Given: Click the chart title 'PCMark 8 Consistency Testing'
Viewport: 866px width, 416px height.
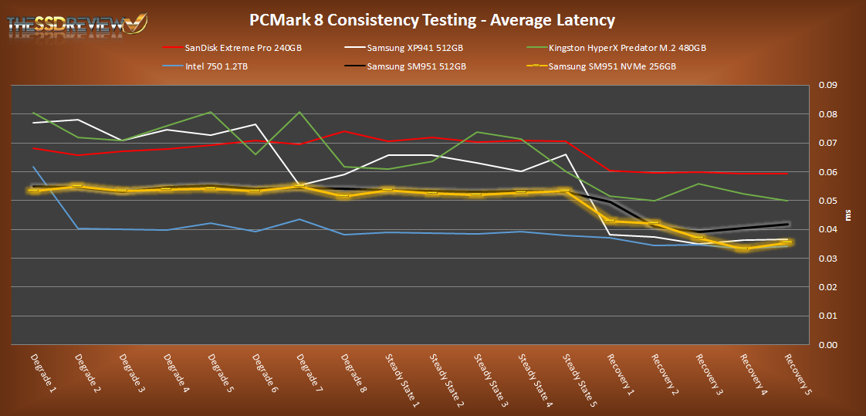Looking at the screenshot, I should pyautogui.click(x=432, y=19).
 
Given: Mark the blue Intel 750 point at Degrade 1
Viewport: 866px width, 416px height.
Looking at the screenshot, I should pyautogui.click(x=33, y=167).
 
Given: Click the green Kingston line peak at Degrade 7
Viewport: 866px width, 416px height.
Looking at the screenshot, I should pyautogui.click(x=299, y=113).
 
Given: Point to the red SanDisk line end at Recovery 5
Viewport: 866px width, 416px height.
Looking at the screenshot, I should pyautogui.click(x=787, y=174).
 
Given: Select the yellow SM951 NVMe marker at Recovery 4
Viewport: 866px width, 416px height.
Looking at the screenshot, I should pyautogui.click(x=743, y=249).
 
